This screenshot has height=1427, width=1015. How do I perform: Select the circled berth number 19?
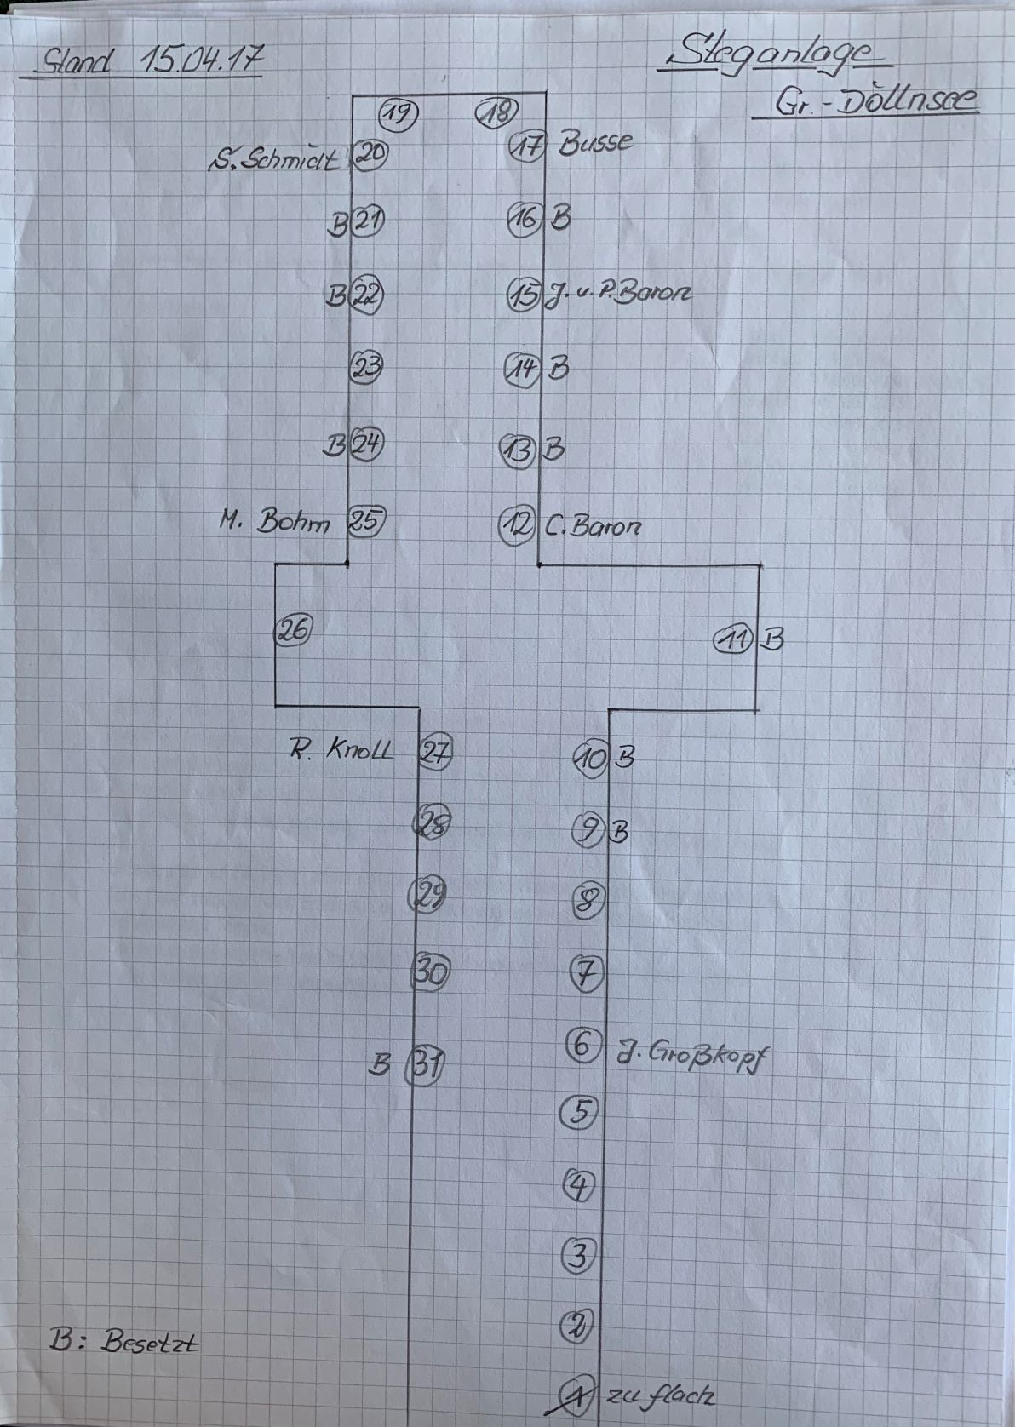399,112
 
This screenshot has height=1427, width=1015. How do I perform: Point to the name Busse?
595,142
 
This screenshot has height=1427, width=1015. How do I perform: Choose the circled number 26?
293,630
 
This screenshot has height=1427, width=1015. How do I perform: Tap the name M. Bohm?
276,520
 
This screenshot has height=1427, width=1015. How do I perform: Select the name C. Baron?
593,526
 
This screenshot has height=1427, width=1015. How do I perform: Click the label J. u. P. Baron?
616,293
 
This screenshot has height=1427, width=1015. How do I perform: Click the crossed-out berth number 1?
576,1394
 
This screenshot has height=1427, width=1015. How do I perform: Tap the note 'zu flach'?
660,1395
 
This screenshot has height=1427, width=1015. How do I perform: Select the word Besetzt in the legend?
150,1343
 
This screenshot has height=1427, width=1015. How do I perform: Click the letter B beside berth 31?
381,1064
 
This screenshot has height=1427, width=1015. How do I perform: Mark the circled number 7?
586,971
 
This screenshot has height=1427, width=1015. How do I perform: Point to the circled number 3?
578,1255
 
